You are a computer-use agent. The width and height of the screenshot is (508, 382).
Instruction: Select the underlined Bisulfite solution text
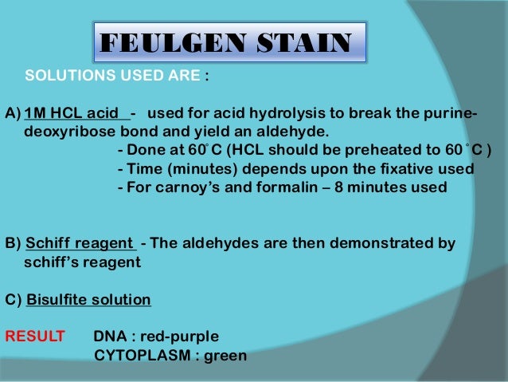(88, 300)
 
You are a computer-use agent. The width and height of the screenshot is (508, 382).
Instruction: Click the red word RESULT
(35, 336)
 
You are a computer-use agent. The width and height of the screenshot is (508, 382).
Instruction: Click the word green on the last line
(225, 355)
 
